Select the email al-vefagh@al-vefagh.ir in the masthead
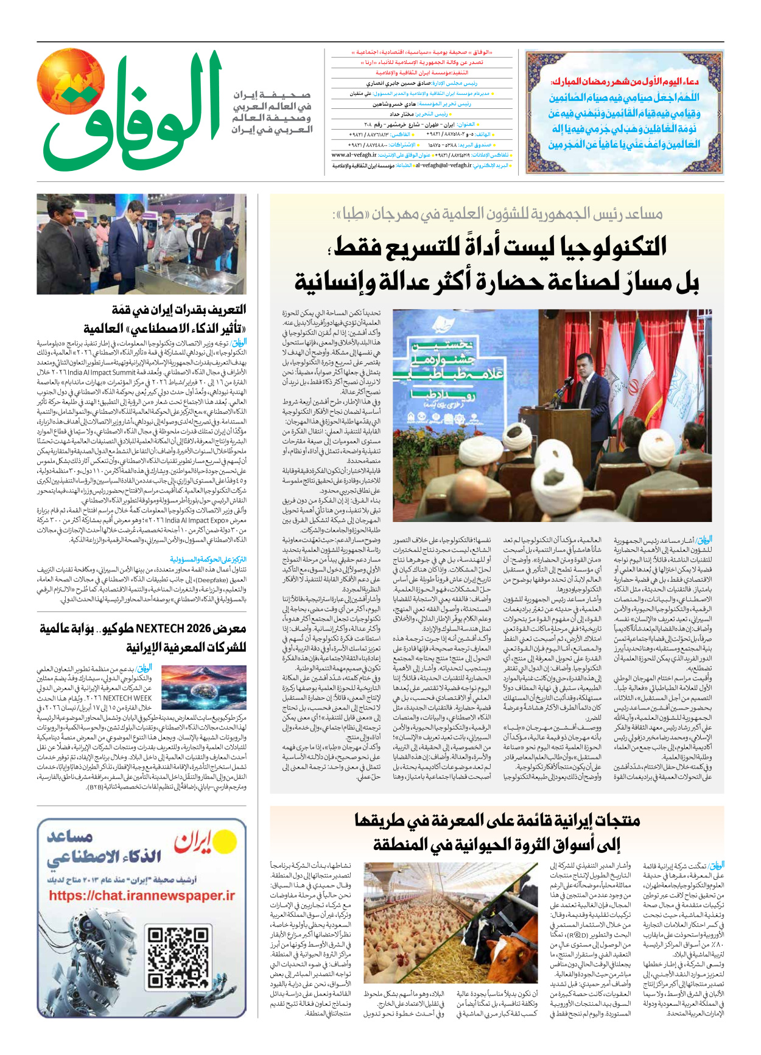[443, 165]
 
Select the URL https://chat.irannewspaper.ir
[141, 896]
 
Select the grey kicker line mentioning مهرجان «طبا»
[497, 214]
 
